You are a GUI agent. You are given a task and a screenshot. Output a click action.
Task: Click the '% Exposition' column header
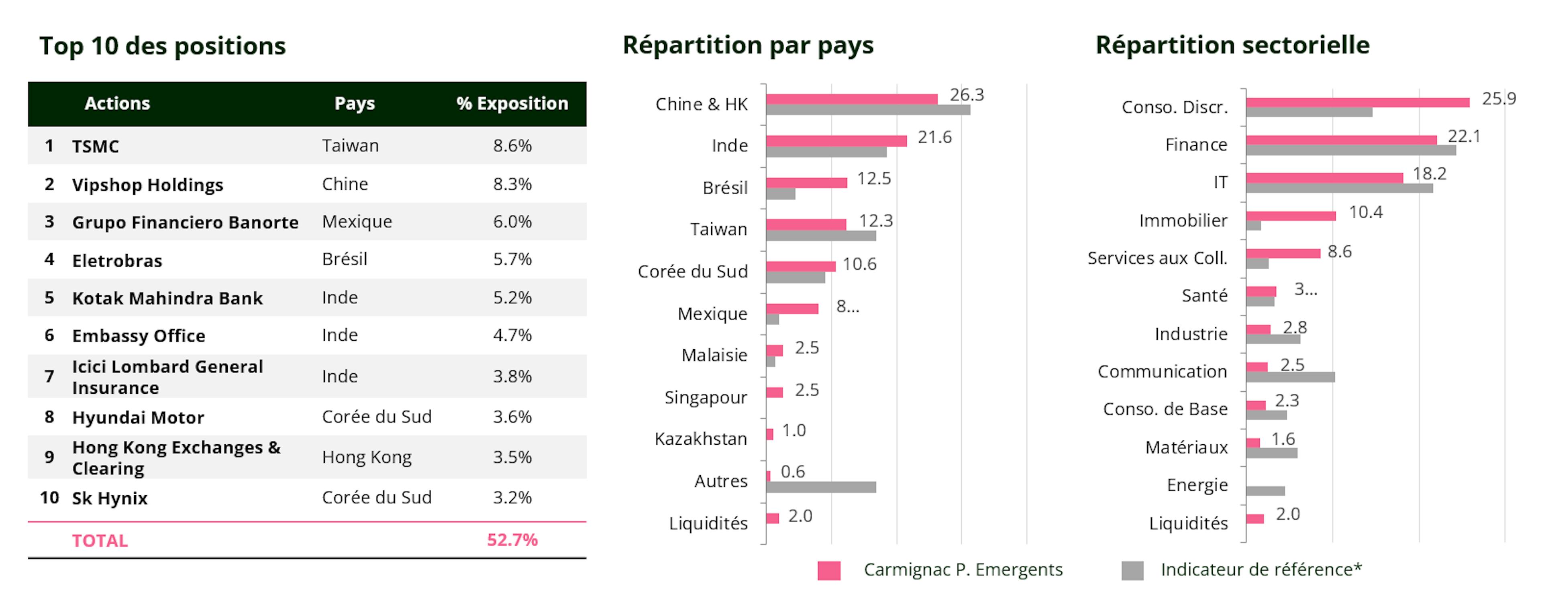(512, 104)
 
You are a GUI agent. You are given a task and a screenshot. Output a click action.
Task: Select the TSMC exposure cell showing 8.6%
(512, 145)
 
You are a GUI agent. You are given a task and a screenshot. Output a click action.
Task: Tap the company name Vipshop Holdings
(147, 185)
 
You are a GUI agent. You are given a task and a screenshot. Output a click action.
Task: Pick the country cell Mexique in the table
(357, 222)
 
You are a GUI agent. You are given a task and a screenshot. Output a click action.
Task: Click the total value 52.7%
(512, 539)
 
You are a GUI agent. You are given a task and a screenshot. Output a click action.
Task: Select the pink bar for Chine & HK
(851, 99)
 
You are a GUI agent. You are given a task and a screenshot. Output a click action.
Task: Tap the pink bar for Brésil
(806, 183)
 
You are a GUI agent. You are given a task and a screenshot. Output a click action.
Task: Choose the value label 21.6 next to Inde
(934, 138)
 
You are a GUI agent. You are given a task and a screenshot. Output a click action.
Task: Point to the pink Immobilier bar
(1291, 216)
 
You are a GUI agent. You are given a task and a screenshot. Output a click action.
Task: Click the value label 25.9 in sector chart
(1498, 99)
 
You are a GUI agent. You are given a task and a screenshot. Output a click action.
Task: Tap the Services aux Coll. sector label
(1157, 258)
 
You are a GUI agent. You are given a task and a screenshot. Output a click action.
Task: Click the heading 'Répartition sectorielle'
(1232, 45)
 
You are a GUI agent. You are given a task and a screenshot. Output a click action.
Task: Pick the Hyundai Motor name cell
(138, 417)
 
